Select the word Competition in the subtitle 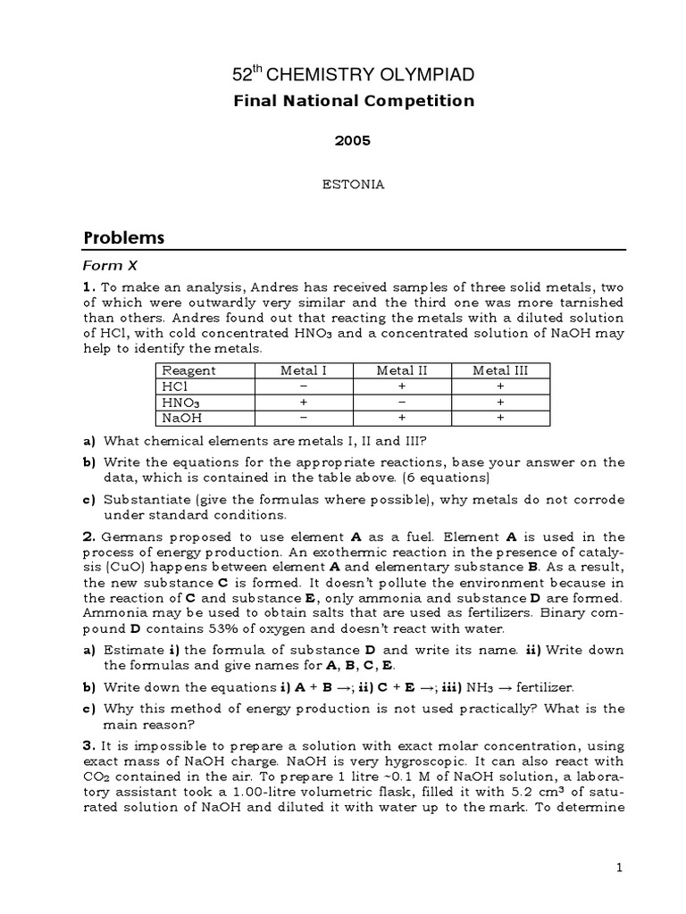[417, 101]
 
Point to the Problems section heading [124, 237]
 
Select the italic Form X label [109, 265]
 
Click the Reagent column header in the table [188, 370]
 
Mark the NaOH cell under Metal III [500, 417]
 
